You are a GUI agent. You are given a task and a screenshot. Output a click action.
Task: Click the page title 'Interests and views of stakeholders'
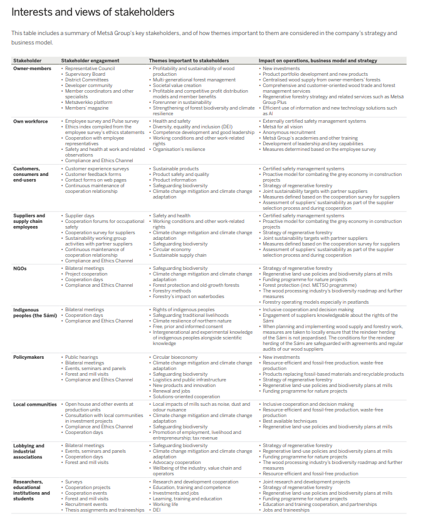pos(93,12)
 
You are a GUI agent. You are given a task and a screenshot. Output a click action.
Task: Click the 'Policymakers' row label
pos(28,358)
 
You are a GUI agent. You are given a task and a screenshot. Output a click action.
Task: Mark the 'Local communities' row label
pos(35,405)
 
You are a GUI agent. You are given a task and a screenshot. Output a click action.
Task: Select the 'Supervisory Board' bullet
pos(85,74)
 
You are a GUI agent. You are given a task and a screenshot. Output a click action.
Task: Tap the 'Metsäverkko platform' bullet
pos(89,102)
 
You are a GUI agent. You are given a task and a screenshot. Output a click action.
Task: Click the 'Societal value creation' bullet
pos(178,85)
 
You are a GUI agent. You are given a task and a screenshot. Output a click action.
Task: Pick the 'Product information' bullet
pos(174,180)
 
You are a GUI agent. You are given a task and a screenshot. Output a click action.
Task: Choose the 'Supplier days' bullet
pos(80,215)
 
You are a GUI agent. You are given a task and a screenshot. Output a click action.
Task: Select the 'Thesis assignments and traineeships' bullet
pos(105,510)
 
